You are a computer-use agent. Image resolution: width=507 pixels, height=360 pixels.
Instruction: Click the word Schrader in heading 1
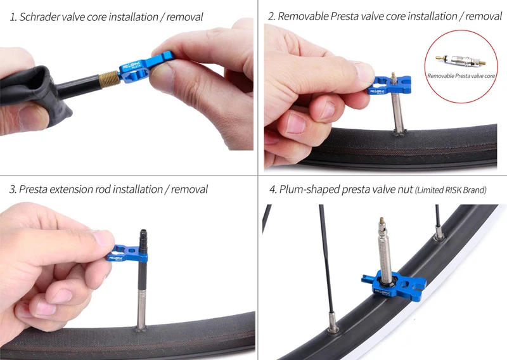click(39, 17)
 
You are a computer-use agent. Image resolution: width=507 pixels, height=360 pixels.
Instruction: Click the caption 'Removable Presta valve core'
click(461, 75)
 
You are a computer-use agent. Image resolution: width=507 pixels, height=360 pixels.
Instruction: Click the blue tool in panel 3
click(130, 254)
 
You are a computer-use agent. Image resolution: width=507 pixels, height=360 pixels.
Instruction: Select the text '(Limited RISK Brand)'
click(451, 190)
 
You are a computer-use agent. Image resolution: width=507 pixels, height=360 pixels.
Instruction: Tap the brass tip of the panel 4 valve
click(381, 223)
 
